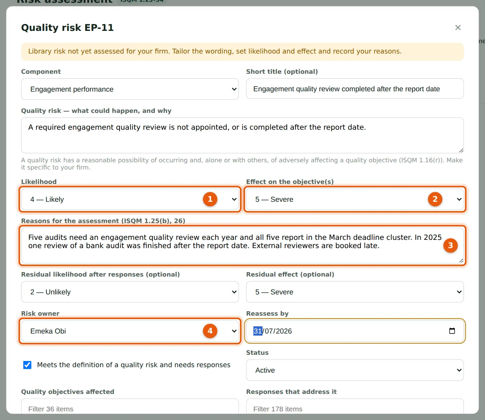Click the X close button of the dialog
click(458, 27)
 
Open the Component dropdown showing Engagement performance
click(130, 89)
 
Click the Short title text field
click(355, 89)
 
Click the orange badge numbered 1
click(210, 199)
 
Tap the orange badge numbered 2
click(435, 199)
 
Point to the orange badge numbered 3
click(450, 245)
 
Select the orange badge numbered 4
click(210, 331)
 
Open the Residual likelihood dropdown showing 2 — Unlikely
click(130, 292)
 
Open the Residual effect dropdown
click(355, 292)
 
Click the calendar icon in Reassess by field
click(452, 331)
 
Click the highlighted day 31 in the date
click(258, 331)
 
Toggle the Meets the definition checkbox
click(27, 365)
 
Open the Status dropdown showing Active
click(355, 370)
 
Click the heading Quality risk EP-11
click(67, 28)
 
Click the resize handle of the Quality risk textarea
click(461, 150)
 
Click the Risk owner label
click(40, 314)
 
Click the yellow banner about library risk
click(242, 51)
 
